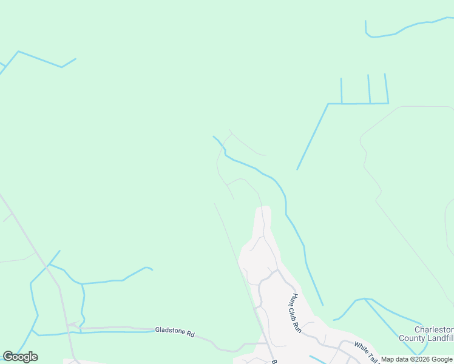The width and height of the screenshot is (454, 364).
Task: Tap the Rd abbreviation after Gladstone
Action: (x=191, y=334)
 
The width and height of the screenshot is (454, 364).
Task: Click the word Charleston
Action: (x=434, y=330)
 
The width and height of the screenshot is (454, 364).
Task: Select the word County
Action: (x=413, y=338)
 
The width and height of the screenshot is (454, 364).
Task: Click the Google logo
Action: (x=20, y=357)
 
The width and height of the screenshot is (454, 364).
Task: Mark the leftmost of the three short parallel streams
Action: (x=341, y=91)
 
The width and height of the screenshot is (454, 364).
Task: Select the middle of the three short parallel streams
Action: (x=368, y=89)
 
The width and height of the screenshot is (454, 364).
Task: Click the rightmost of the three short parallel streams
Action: (x=386, y=88)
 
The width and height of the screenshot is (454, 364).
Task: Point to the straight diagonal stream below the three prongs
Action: (x=313, y=136)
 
